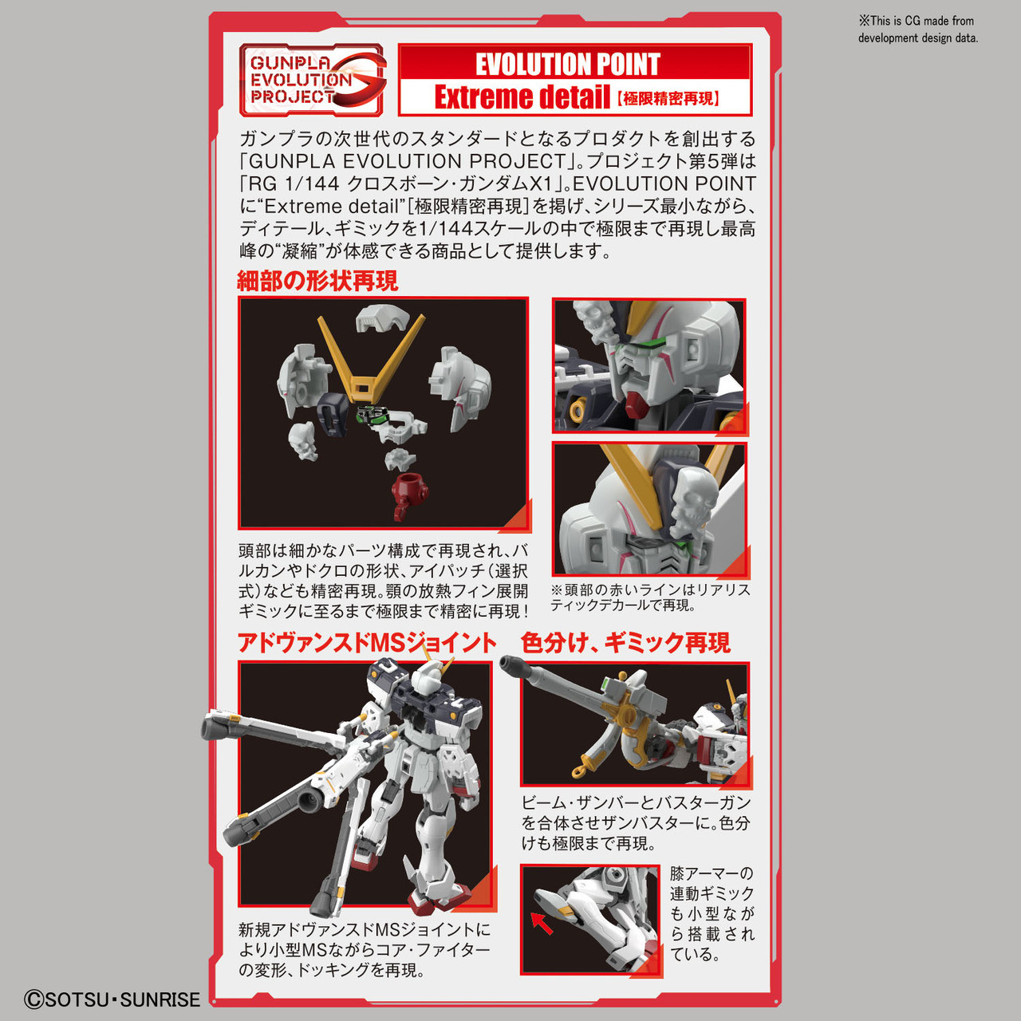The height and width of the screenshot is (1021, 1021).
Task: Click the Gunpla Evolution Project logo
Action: (312, 80)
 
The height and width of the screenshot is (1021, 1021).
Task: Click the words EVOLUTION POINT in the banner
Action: (567, 64)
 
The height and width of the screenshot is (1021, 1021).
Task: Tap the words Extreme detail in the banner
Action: (522, 97)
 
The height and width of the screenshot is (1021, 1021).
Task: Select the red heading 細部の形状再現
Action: (317, 281)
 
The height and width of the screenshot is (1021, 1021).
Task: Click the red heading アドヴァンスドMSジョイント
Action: (367, 643)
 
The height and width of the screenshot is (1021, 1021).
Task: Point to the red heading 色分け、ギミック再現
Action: (625, 643)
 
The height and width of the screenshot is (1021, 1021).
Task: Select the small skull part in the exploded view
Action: (303, 440)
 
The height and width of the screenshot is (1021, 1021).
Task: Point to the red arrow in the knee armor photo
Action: (542, 923)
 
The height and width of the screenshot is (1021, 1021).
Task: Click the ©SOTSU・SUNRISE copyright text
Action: (112, 999)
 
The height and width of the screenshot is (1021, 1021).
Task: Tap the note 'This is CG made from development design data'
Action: (917, 30)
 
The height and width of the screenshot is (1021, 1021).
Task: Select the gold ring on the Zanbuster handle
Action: (580, 771)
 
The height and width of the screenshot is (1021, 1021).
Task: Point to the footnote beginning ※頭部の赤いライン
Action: (650, 597)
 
